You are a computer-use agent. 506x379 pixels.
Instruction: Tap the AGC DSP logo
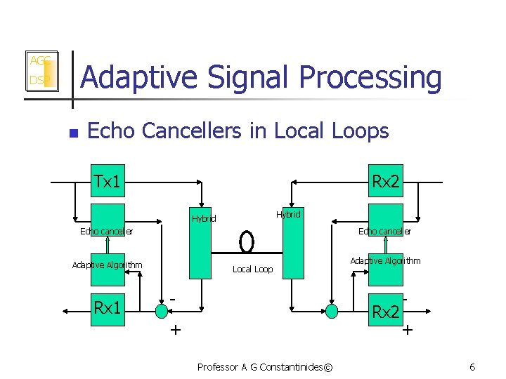tap(41, 70)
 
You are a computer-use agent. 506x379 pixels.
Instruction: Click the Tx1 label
tap(107, 182)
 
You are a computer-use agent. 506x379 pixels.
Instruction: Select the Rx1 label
tap(107, 307)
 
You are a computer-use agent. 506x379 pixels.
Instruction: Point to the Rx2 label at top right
tap(386, 182)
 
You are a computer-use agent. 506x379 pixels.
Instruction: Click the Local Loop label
tap(252, 270)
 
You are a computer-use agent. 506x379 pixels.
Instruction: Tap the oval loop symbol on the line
tap(247, 241)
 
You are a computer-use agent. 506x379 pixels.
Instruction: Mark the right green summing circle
tap(331, 309)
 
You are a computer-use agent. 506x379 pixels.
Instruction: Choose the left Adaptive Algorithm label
tap(107, 265)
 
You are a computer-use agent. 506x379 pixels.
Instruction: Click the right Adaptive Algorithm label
tap(385, 260)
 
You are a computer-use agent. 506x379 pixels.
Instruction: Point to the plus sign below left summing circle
tap(174, 329)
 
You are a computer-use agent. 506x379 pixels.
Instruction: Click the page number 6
tap(472, 367)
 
